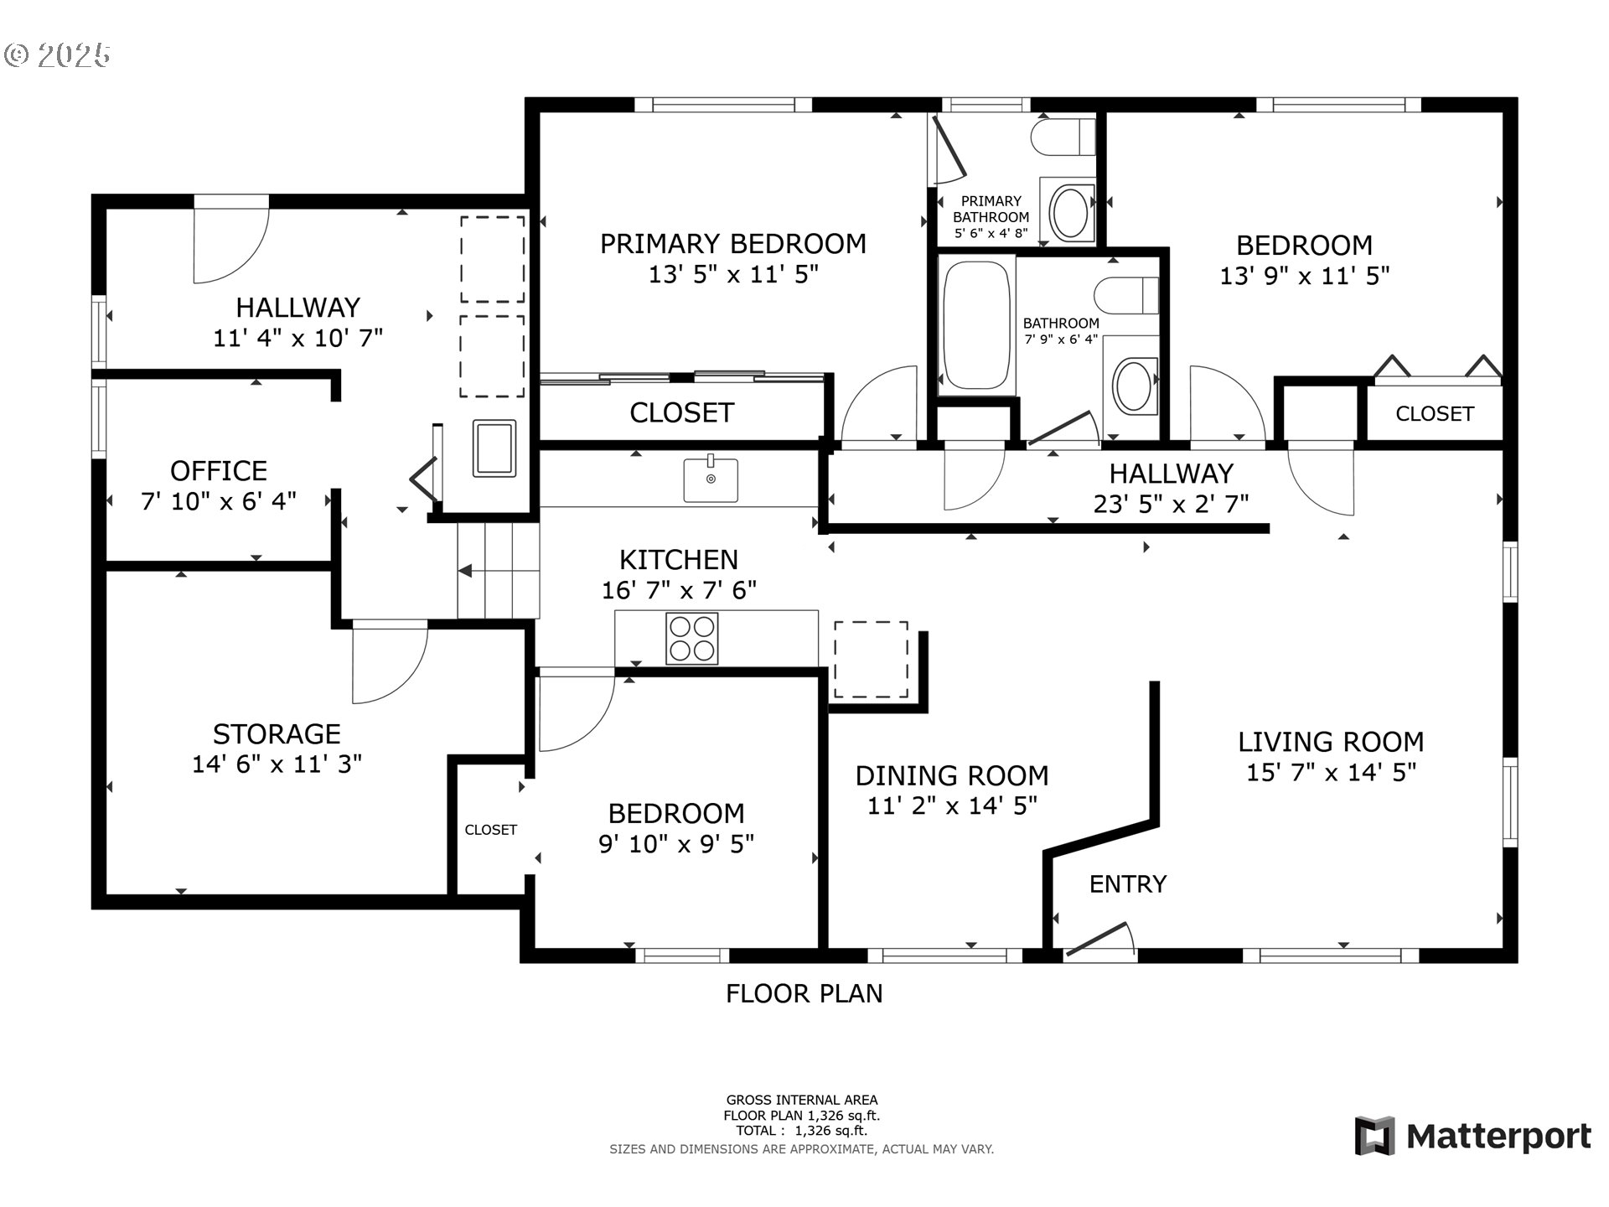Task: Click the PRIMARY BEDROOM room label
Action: [x=733, y=244]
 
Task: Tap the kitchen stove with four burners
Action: [x=692, y=639]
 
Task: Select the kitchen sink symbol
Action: [x=711, y=479]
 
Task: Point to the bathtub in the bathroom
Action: [x=976, y=325]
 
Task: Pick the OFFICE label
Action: [x=219, y=471]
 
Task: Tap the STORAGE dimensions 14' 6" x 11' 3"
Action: [x=277, y=764]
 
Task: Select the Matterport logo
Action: [x=1473, y=1137]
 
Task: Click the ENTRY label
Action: [x=1128, y=884]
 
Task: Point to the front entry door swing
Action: [x=1099, y=940]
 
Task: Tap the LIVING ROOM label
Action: [x=1332, y=742]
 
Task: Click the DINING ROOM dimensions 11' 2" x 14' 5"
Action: [x=952, y=806]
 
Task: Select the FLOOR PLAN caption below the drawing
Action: [x=804, y=993]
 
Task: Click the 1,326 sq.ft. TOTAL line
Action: [x=802, y=1131]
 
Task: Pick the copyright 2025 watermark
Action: [x=58, y=55]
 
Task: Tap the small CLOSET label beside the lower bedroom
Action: [x=491, y=830]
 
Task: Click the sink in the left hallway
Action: [x=494, y=448]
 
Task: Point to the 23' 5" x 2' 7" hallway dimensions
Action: [x=1172, y=504]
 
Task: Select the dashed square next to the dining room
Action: [x=871, y=660]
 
